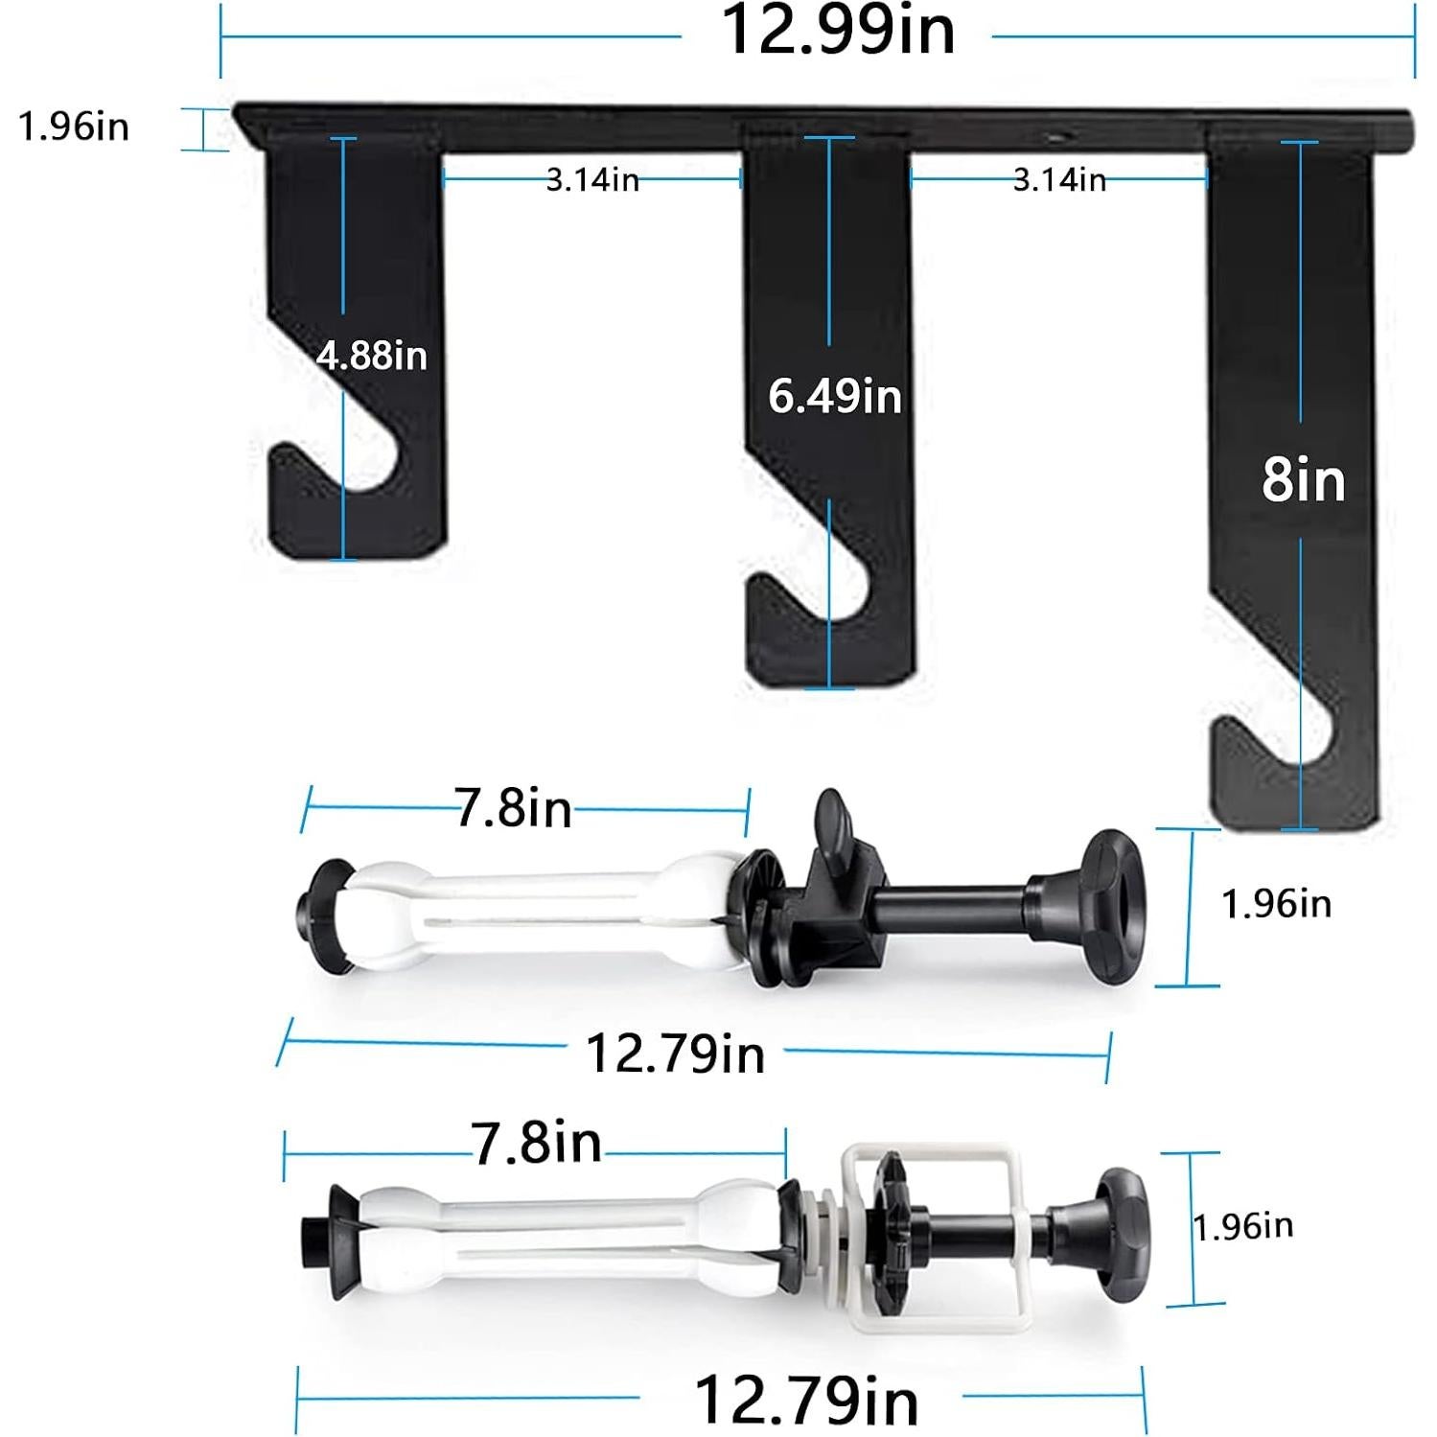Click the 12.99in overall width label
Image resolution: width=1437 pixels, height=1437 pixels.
837,31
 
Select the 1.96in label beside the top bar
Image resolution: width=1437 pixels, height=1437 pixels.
74,127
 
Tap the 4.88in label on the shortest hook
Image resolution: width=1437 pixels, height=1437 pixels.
372,356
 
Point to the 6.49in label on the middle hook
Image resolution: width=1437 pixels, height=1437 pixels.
835,396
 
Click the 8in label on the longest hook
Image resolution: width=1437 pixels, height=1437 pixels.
1303,479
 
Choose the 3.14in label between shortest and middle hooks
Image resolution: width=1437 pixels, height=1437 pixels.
592,179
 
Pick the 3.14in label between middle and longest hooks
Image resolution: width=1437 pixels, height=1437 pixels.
1059,179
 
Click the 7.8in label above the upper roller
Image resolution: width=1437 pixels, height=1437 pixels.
514,808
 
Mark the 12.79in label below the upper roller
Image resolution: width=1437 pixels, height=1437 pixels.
675,1054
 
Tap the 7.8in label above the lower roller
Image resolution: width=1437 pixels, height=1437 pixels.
536,1143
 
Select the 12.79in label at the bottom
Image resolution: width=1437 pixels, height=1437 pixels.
805,1400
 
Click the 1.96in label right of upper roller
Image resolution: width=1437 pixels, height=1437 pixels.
1276,904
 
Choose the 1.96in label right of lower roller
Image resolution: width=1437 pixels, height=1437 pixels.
1242,1226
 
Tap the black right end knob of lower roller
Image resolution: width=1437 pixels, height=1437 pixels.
1122,1227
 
